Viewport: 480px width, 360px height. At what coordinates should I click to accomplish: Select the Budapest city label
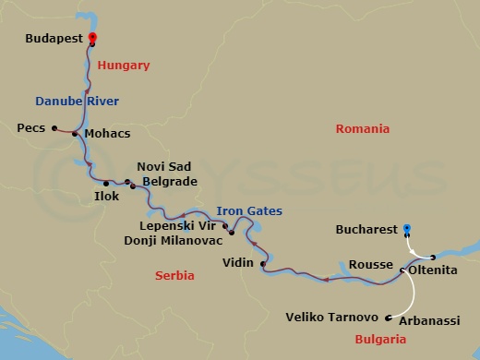(x=53, y=41)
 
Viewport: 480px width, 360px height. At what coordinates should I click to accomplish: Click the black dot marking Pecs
(x=54, y=128)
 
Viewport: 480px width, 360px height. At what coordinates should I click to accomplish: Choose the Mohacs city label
(x=106, y=134)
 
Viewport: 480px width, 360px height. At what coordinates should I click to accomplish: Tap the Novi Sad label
(x=162, y=166)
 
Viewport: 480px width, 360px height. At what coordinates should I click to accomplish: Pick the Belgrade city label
(x=170, y=182)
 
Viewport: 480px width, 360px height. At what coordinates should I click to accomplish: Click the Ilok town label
(x=106, y=197)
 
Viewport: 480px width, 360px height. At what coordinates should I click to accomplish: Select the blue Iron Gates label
(x=248, y=210)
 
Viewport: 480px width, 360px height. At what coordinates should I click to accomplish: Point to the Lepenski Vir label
(x=181, y=224)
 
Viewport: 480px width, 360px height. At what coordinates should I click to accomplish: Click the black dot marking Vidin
(x=263, y=265)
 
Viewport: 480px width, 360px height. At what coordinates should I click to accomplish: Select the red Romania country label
(x=363, y=129)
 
